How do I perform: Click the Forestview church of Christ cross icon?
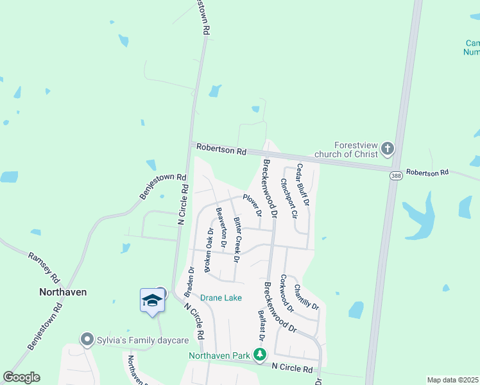[x=387, y=149]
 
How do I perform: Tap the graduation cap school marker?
[x=152, y=300]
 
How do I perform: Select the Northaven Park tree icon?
[x=259, y=354]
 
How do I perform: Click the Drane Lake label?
[x=221, y=298]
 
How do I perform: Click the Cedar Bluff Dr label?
[x=302, y=184]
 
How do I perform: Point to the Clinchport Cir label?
[x=287, y=198]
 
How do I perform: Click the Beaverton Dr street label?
[x=221, y=228]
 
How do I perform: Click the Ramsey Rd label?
[x=42, y=268]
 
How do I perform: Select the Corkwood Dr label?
[x=287, y=293]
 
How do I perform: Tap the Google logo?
[x=21, y=377]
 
